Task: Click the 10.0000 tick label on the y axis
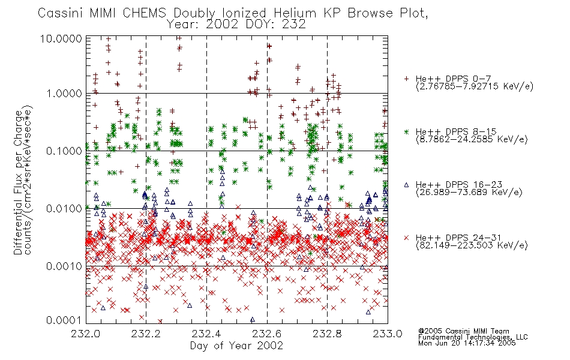(61, 38)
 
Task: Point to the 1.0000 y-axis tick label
(64, 94)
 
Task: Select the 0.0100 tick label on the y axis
(64, 209)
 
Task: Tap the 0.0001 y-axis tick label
(64, 320)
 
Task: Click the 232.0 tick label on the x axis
(85, 334)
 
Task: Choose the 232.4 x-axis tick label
(206, 334)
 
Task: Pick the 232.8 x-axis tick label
(327, 334)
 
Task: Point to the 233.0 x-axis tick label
(388, 334)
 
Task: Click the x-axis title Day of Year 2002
(236, 346)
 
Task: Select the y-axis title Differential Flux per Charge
(18, 182)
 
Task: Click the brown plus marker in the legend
(406, 79)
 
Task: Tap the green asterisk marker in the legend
(406, 131)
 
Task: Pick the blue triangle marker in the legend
(406, 185)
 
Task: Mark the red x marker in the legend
(406, 238)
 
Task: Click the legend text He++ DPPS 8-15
(456, 131)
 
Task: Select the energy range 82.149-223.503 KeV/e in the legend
(472, 245)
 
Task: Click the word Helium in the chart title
(295, 13)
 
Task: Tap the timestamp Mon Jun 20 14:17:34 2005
(467, 343)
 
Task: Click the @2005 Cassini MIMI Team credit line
(463, 331)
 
